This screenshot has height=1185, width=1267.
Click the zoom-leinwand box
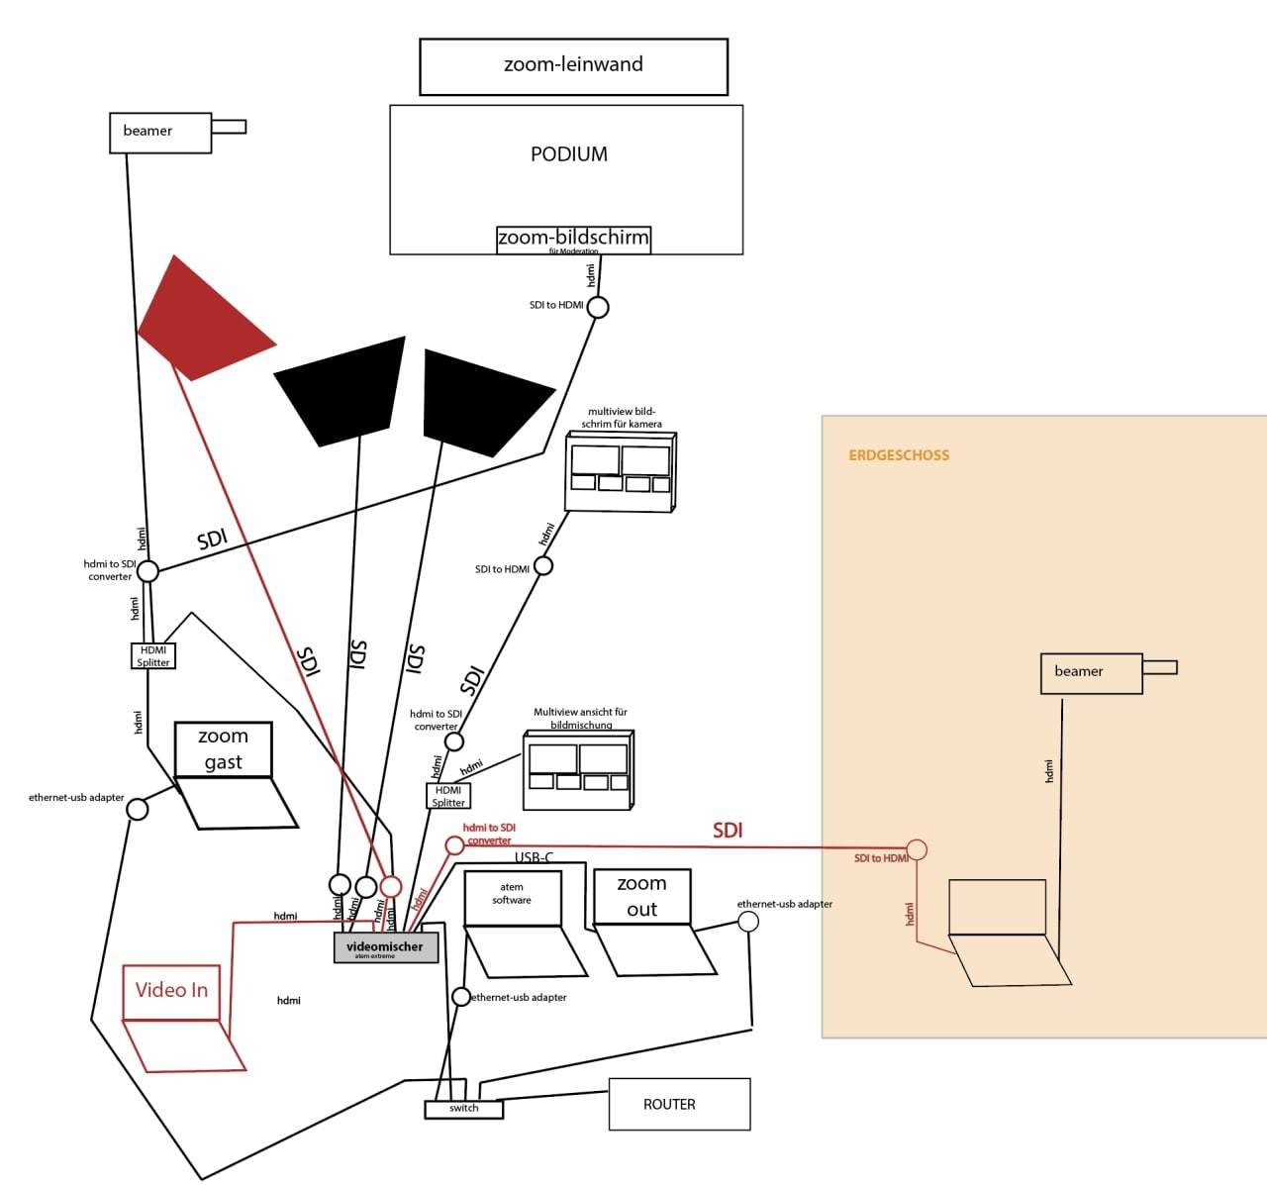pos(573,66)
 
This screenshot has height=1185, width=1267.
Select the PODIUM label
pos(568,154)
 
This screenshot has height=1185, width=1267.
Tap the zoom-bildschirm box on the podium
pos(573,239)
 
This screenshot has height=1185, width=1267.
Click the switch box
pos(463,1109)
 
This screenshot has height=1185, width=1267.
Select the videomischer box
pos(385,947)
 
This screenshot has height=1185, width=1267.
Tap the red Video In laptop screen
pos(171,990)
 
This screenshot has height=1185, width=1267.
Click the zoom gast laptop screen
pos(223,749)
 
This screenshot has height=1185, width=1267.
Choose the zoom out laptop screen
pos(640,896)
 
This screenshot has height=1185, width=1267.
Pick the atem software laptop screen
pos(512,896)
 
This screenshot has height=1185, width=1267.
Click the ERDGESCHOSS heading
pos(899,455)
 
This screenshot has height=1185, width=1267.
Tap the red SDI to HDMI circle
pos(917,849)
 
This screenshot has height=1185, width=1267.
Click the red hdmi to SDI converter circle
pos(453,845)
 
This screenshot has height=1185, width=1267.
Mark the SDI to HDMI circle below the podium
pos(598,308)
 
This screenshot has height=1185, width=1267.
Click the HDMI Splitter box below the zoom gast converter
pos(153,656)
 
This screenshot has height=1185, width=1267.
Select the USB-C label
pos(534,857)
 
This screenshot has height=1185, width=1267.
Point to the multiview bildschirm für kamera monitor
pos(620,471)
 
